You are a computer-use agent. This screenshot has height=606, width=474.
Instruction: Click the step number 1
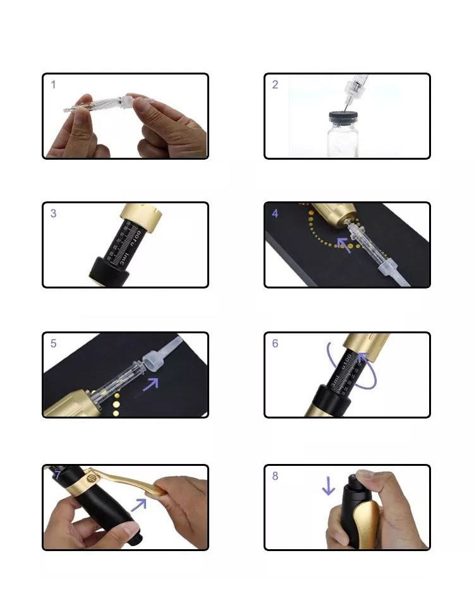[x=54, y=85]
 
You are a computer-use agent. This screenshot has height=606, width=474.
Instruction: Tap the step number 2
[x=275, y=85]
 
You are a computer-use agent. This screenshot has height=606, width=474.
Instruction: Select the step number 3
[x=54, y=213]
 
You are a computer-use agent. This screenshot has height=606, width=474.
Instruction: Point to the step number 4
[x=275, y=213]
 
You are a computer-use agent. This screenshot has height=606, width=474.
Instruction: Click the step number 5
[x=54, y=343]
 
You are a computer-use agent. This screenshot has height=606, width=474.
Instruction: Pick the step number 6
[x=275, y=343]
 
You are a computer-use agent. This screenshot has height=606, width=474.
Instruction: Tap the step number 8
[x=275, y=476]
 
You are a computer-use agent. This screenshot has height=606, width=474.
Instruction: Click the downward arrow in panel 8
[x=328, y=485]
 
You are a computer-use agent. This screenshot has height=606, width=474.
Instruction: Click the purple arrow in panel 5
[x=150, y=383]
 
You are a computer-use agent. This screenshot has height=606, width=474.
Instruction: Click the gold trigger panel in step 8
[x=367, y=524]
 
